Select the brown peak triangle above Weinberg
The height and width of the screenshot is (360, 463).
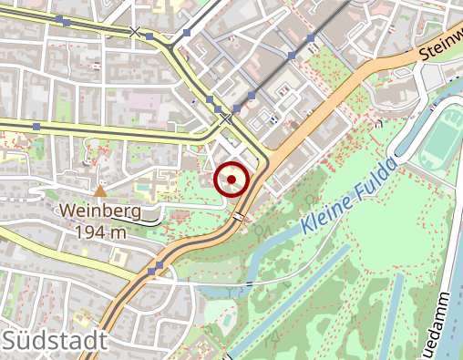[x=100, y=191]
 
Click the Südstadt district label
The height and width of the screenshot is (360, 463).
[x=55, y=342]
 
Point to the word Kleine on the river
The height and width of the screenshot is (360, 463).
[x=325, y=213]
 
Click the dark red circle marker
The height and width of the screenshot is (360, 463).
[x=231, y=180]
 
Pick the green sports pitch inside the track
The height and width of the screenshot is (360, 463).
[x=444, y=137]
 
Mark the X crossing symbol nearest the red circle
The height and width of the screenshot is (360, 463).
[x=225, y=118]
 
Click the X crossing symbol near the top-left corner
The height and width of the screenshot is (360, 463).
[x=136, y=33]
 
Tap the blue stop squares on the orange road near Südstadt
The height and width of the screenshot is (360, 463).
[x=156, y=269]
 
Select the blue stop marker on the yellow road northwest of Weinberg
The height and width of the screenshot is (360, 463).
[x=36, y=126]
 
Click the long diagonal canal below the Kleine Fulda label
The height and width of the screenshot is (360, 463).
[x=292, y=296]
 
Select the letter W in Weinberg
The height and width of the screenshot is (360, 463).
[x=68, y=211]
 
